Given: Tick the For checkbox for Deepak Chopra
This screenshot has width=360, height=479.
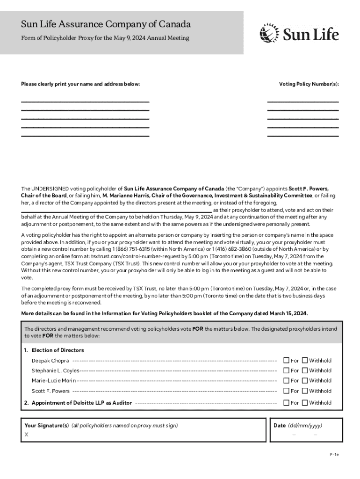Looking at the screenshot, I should point(287,361).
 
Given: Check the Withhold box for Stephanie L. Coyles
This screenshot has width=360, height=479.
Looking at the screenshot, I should point(305,370).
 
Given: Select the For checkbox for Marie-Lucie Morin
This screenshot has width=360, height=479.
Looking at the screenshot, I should point(287,381).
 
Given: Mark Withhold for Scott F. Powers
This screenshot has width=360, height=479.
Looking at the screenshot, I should point(305,391).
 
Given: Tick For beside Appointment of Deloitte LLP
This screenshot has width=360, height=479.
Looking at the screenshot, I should point(287,403).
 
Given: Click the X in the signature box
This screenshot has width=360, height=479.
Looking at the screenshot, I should point(26,435).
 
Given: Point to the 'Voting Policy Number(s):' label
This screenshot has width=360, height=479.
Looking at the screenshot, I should point(309,84).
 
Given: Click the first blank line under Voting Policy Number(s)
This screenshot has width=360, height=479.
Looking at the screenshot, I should point(302,101).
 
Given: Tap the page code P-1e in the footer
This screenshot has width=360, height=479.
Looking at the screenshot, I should point(334,454).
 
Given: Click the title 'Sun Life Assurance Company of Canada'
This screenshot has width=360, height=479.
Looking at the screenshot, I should point(106,24).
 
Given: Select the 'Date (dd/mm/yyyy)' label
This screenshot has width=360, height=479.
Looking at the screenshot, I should point(298,426).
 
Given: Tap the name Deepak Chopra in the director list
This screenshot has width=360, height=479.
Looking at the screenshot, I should point(50,361).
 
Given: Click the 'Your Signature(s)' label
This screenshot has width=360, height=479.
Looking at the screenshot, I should point(47,426).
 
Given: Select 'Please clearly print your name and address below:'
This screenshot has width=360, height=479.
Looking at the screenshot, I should point(80,84).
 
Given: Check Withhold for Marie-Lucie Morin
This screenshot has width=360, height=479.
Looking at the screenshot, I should point(305,381).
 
